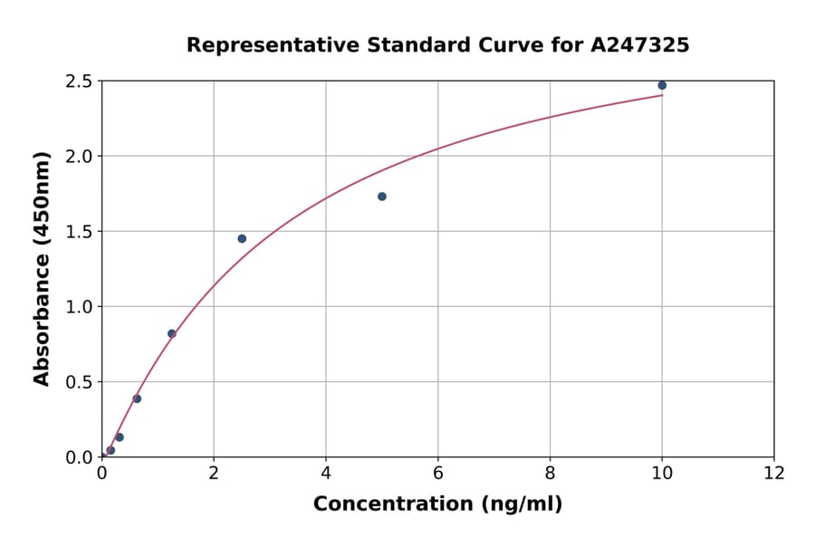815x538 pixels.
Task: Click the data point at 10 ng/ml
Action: click(662, 85)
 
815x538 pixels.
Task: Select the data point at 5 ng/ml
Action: click(382, 197)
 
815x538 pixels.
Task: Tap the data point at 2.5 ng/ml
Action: click(242, 238)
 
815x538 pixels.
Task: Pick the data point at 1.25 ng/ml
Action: click(172, 333)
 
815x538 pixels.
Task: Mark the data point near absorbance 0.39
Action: click(137, 399)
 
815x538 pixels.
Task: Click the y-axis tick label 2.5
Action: click(79, 82)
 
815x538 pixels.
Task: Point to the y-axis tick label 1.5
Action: click(79, 232)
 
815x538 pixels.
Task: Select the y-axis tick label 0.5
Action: click(79, 382)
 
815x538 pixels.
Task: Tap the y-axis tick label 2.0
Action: click(79, 157)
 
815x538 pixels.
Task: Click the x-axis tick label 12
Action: click(774, 473)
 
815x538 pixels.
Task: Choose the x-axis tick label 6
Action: click(438, 473)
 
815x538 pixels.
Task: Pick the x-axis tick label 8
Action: click(551, 473)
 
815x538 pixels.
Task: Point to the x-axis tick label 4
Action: click(326, 473)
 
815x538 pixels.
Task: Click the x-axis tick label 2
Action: click(214, 473)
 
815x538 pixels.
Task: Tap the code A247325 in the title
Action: click(640, 44)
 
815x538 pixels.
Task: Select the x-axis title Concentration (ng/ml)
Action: click(438, 504)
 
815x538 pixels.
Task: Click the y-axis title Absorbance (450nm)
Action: click(42, 268)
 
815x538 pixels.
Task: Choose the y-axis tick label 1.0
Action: click(79, 307)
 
